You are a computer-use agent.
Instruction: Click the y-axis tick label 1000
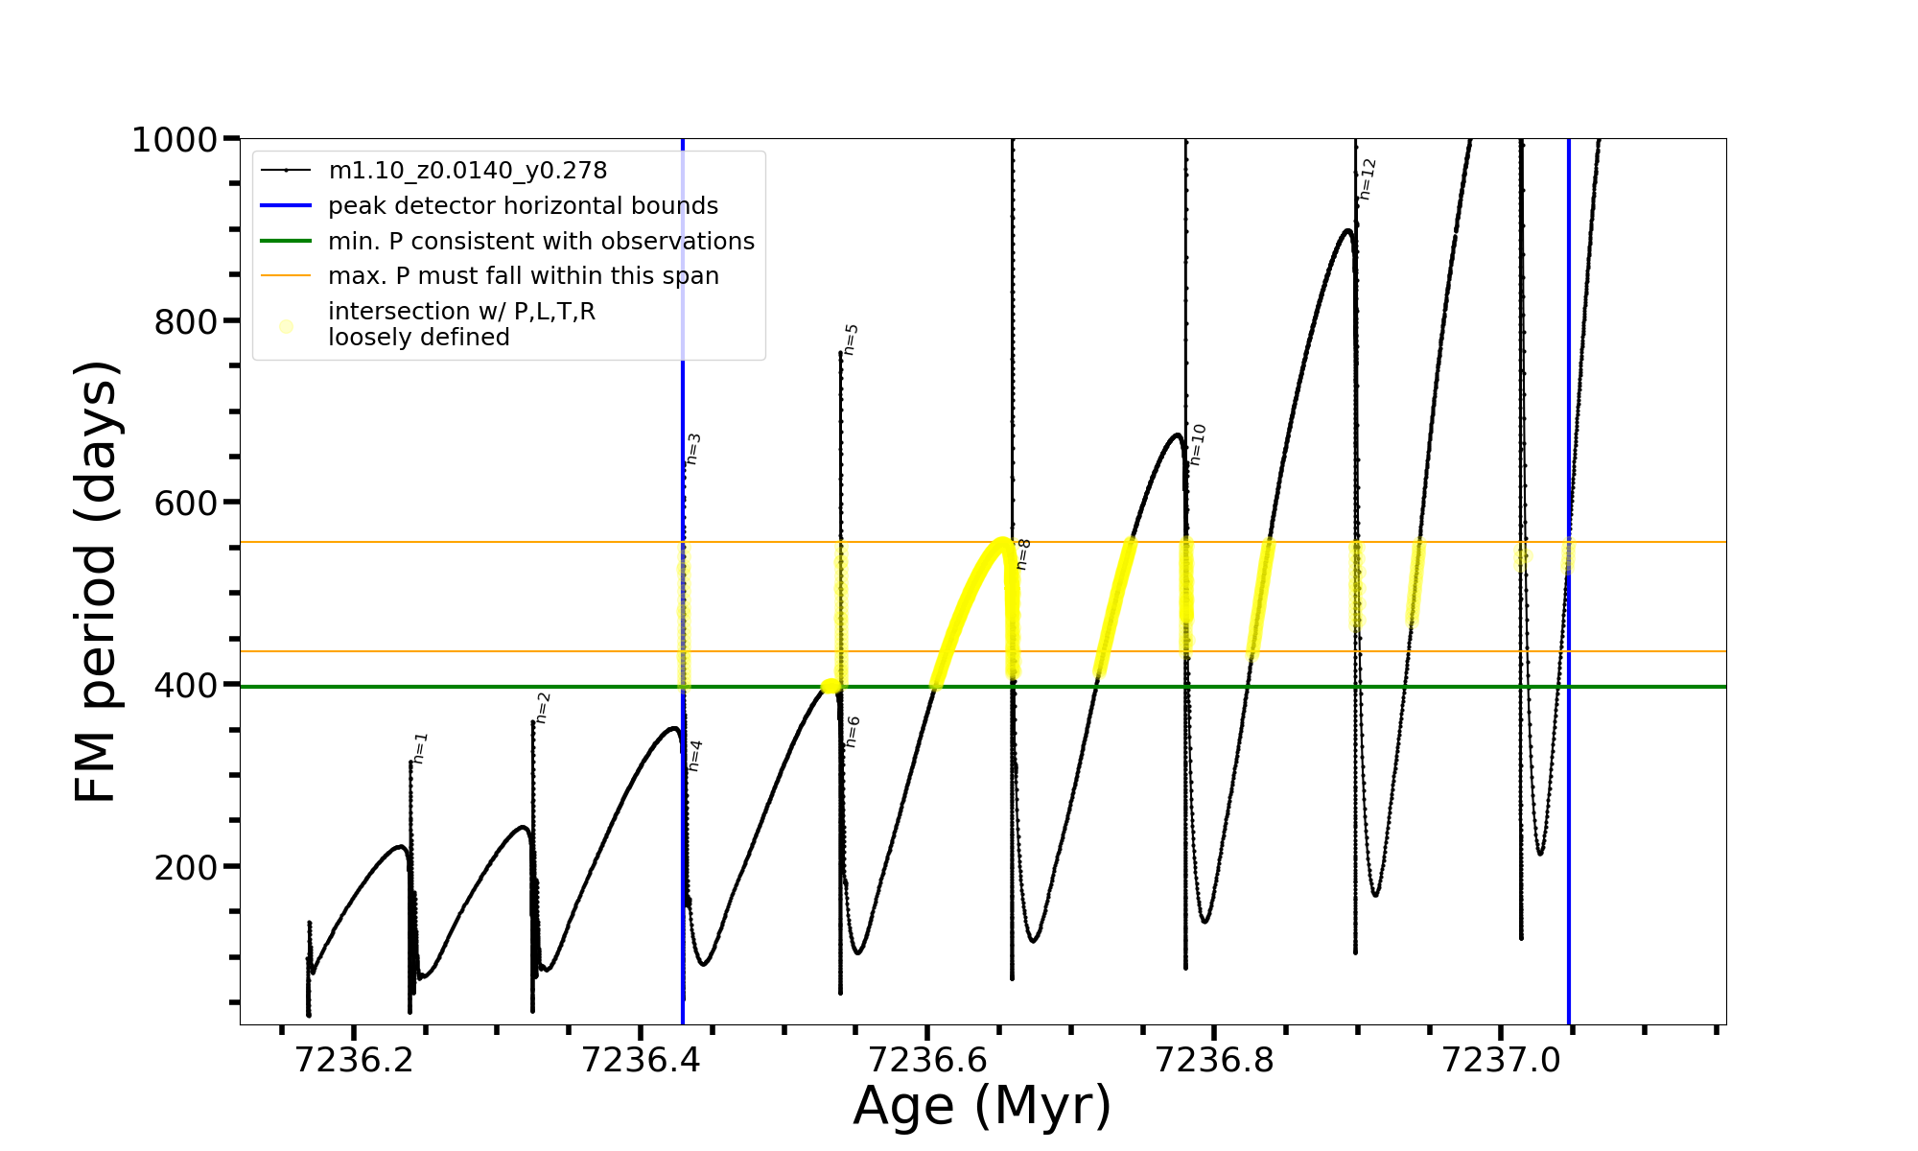(x=175, y=140)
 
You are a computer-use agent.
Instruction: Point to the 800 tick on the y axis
(x=186, y=322)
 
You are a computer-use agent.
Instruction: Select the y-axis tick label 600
(x=186, y=504)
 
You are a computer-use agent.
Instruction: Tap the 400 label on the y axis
(x=186, y=686)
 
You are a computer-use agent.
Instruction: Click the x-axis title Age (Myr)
(x=982, y=1106)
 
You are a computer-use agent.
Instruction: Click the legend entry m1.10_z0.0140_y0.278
(x=467, y=171)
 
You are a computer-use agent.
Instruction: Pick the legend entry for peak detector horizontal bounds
(x=523, y=206)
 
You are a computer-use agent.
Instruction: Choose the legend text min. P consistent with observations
(x=541, y=242)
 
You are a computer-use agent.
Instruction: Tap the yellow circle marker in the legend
(x=286, y=327)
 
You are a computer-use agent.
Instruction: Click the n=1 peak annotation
(x=420, y=748)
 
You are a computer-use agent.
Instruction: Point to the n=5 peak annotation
(x=851, y=340)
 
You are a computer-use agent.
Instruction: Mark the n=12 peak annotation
(x=1368, y=179)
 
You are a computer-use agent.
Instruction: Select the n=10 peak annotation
(x=1197, y=444)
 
